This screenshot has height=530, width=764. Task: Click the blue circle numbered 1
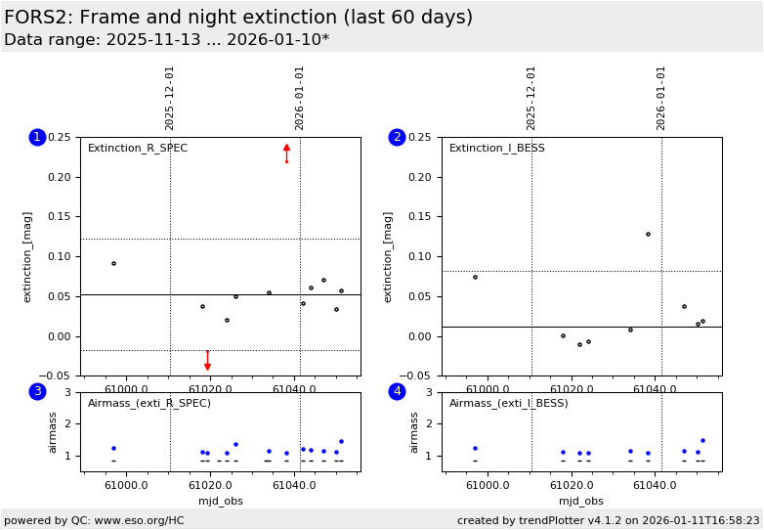click(x=37, y=137)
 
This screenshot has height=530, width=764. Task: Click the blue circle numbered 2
click(x=397, y=137)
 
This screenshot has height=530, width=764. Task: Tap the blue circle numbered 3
click(x=37, y=391)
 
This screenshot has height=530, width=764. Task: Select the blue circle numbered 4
click(x=397, y=391)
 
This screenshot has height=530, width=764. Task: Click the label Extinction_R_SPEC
click(x=138, y=149)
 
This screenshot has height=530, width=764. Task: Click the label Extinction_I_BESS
click(x=497, y=149)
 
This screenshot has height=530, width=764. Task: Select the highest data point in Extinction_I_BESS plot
click(x=648, y=234)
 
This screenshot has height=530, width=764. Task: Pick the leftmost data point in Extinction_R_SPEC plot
click(x=113, y=263)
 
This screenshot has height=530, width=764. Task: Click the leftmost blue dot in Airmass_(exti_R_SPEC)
click(x=113, y=448)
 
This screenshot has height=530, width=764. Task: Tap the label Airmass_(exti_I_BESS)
click(x=508, y=403)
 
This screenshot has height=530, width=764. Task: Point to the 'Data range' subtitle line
click(x=166, y=40)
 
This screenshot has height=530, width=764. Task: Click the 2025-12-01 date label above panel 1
click(x=170, y=98)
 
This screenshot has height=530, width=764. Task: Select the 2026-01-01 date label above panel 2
click(x=661, y=98)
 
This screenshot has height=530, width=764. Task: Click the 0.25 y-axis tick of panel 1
click(x=60, y=137)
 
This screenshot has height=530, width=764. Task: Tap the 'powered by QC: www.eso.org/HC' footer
click(x=94, y=520)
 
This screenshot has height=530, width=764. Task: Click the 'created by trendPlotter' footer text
click(x=608, y=520)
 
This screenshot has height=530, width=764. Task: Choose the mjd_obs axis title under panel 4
click(x=581, y=501)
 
